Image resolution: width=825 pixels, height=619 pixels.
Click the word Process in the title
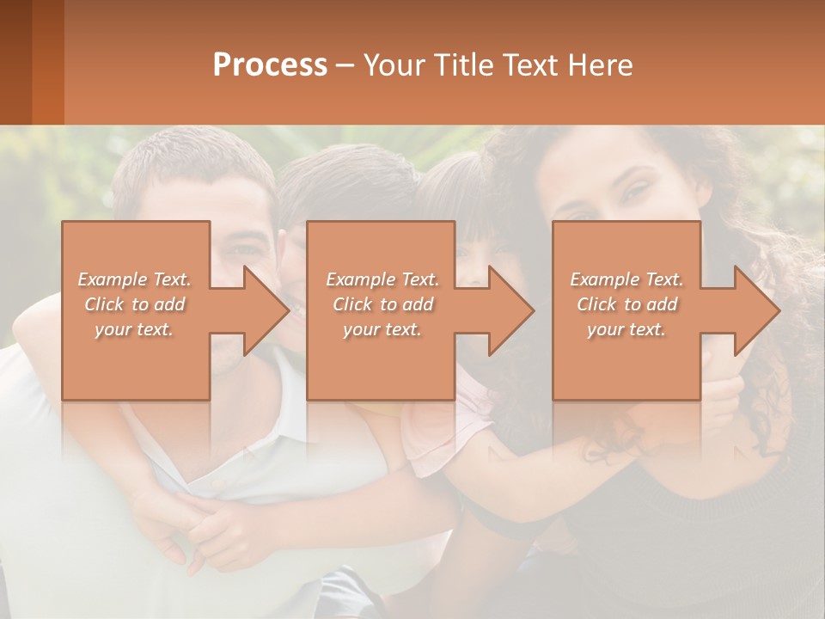[270, 65]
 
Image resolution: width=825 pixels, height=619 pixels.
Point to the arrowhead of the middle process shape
[510, 310]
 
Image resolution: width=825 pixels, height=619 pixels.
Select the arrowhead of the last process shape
[755, 310]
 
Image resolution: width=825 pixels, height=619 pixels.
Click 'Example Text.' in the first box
[134, 279]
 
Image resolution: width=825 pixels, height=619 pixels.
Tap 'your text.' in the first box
[134, 329]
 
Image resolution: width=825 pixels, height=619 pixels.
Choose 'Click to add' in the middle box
[382, 304]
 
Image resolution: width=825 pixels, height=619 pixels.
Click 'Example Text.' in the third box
[626, 279]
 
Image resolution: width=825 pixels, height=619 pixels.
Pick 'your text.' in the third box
[626, 329]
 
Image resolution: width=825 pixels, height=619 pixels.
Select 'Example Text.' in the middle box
[382, 279]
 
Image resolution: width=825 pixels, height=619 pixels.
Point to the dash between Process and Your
[344, 65]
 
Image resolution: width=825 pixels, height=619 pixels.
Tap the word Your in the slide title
[392, 65]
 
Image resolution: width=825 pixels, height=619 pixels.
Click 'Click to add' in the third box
[626, 304]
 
